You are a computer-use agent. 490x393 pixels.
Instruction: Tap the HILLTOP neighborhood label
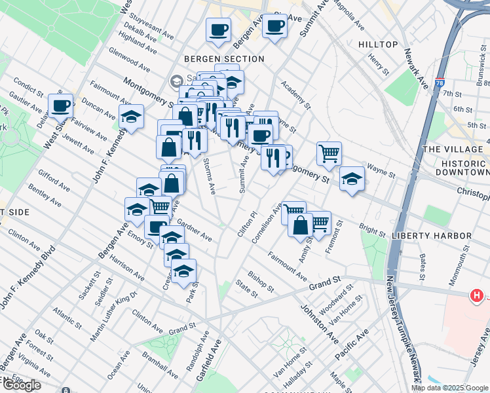click(378, 45)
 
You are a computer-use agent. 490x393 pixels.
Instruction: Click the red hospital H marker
click(478, 296)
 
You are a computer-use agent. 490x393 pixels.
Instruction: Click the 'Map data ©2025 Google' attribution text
click(450, 388)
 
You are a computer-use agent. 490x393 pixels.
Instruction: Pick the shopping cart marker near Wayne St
click(329, 154)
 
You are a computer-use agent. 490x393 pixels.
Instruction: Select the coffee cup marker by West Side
click(61, 105)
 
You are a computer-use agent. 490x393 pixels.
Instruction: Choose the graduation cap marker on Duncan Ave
click(131, 117)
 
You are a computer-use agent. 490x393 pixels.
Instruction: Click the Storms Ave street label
click(209, 176)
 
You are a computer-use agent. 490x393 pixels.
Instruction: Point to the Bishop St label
click(261, 280)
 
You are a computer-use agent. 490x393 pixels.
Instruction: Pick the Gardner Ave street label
click(194, 230)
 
